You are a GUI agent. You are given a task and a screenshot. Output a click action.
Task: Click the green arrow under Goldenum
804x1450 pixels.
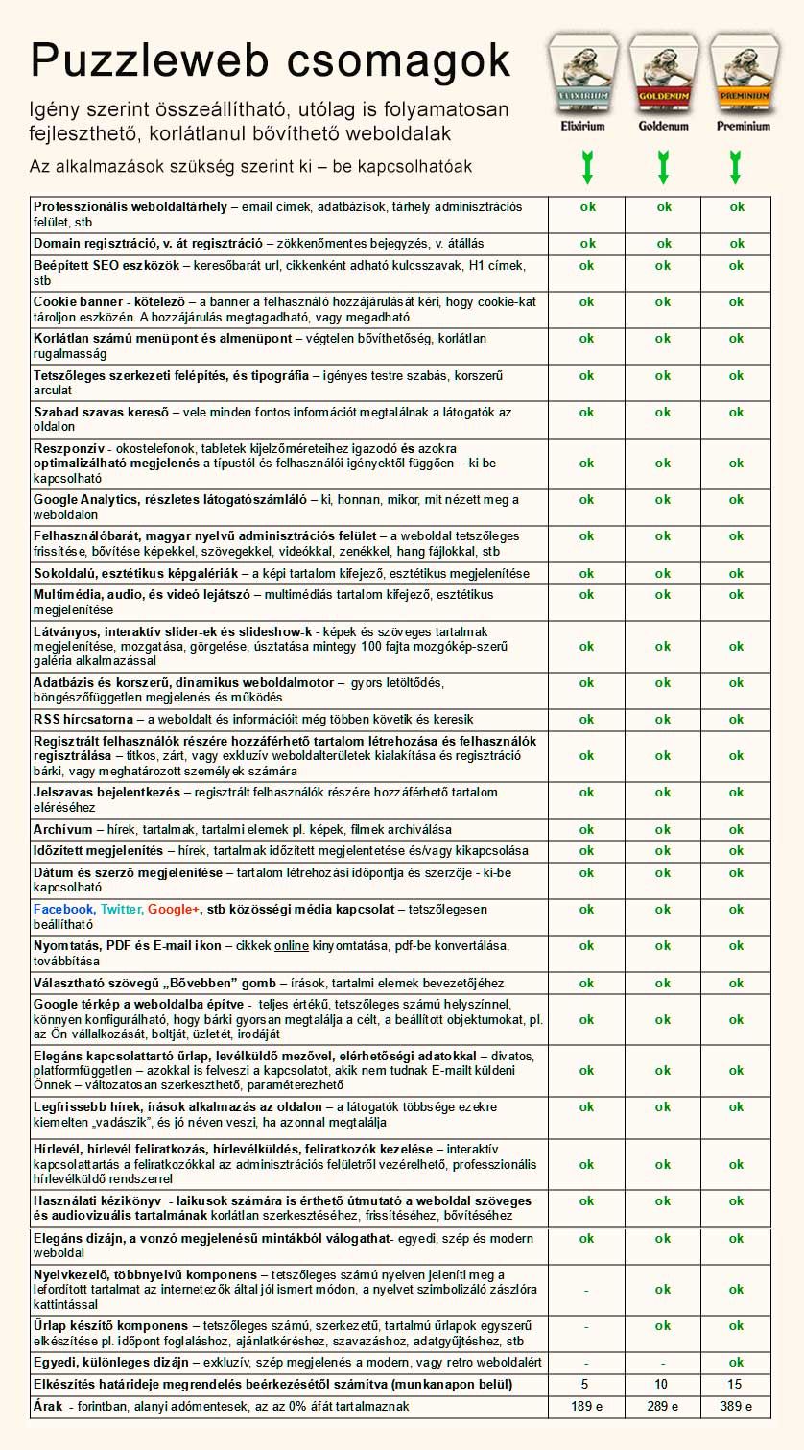pos(663,166)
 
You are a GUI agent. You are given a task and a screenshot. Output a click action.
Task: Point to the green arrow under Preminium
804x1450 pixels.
pos(736,166)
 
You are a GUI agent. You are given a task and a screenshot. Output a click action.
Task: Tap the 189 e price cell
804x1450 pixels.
pos(586,1406)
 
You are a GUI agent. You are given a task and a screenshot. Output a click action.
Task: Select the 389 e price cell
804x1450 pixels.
pos(736,1406)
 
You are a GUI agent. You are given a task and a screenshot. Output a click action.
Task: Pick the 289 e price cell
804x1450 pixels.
pos(663,1406)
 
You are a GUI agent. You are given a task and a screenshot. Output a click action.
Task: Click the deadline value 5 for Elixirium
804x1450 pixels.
pos(585,1385)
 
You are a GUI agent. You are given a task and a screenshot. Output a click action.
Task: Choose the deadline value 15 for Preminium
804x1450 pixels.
pos(736,1385)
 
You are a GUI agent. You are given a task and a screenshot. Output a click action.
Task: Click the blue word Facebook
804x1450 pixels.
pos(63,909)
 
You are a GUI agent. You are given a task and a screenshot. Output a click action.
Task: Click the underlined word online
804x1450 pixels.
pos(292,946)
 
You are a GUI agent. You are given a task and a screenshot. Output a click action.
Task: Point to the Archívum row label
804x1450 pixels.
pos(63,829)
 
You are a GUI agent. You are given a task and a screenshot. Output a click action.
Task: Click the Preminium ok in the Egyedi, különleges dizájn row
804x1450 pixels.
pos(736,1363)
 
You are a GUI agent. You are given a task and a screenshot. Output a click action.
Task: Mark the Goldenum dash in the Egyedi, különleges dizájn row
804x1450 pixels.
pos(663,1363)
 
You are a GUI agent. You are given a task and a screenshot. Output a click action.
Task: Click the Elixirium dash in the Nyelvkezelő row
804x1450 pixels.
pos(586,1290)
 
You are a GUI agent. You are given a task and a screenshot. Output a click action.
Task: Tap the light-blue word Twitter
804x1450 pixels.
pos(121,909)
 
